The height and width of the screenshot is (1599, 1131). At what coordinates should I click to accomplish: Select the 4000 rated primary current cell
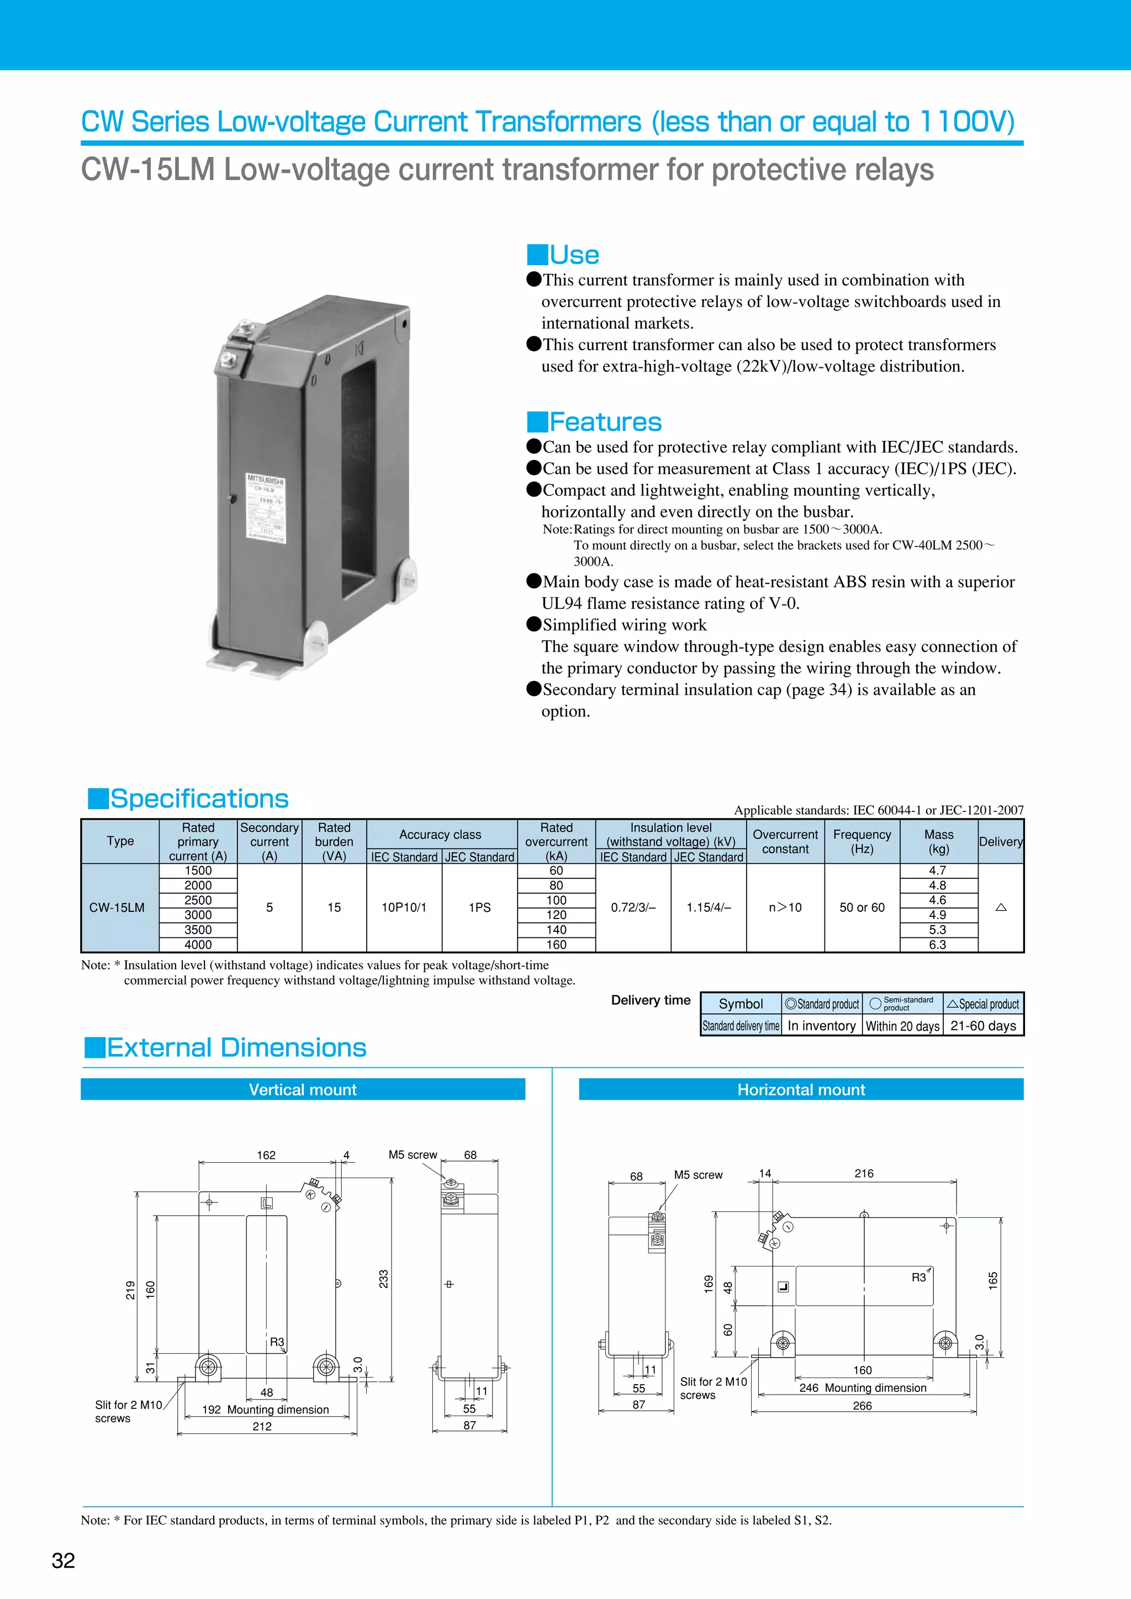(198, 945)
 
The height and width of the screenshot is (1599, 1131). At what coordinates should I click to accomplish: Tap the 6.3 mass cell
(937, 945)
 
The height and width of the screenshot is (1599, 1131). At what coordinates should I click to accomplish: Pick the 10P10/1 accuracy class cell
(404, 907)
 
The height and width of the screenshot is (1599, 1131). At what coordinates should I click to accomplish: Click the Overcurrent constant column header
(785, 841)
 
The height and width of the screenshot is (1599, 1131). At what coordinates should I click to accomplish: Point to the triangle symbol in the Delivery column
(1001, 907)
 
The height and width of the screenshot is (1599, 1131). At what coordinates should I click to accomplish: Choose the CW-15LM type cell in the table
(117, 907)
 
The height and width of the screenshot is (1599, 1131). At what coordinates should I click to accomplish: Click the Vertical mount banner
(303, 1090)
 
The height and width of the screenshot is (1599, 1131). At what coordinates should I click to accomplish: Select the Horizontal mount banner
(801, 1090)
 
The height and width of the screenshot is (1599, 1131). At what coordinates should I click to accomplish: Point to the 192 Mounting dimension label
(265, 1410)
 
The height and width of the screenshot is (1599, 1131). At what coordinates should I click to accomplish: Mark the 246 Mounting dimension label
(863, 1388)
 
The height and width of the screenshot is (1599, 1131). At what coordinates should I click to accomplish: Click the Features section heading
(605, 422)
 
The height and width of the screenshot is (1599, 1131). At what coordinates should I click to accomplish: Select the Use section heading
(574, 255)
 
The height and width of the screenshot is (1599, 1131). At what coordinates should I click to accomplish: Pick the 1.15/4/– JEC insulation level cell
(709, 907)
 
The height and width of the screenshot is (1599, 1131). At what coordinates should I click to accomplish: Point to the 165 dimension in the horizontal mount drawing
(993, 1280)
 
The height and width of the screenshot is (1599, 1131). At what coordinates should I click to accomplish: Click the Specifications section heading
(199, 799)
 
